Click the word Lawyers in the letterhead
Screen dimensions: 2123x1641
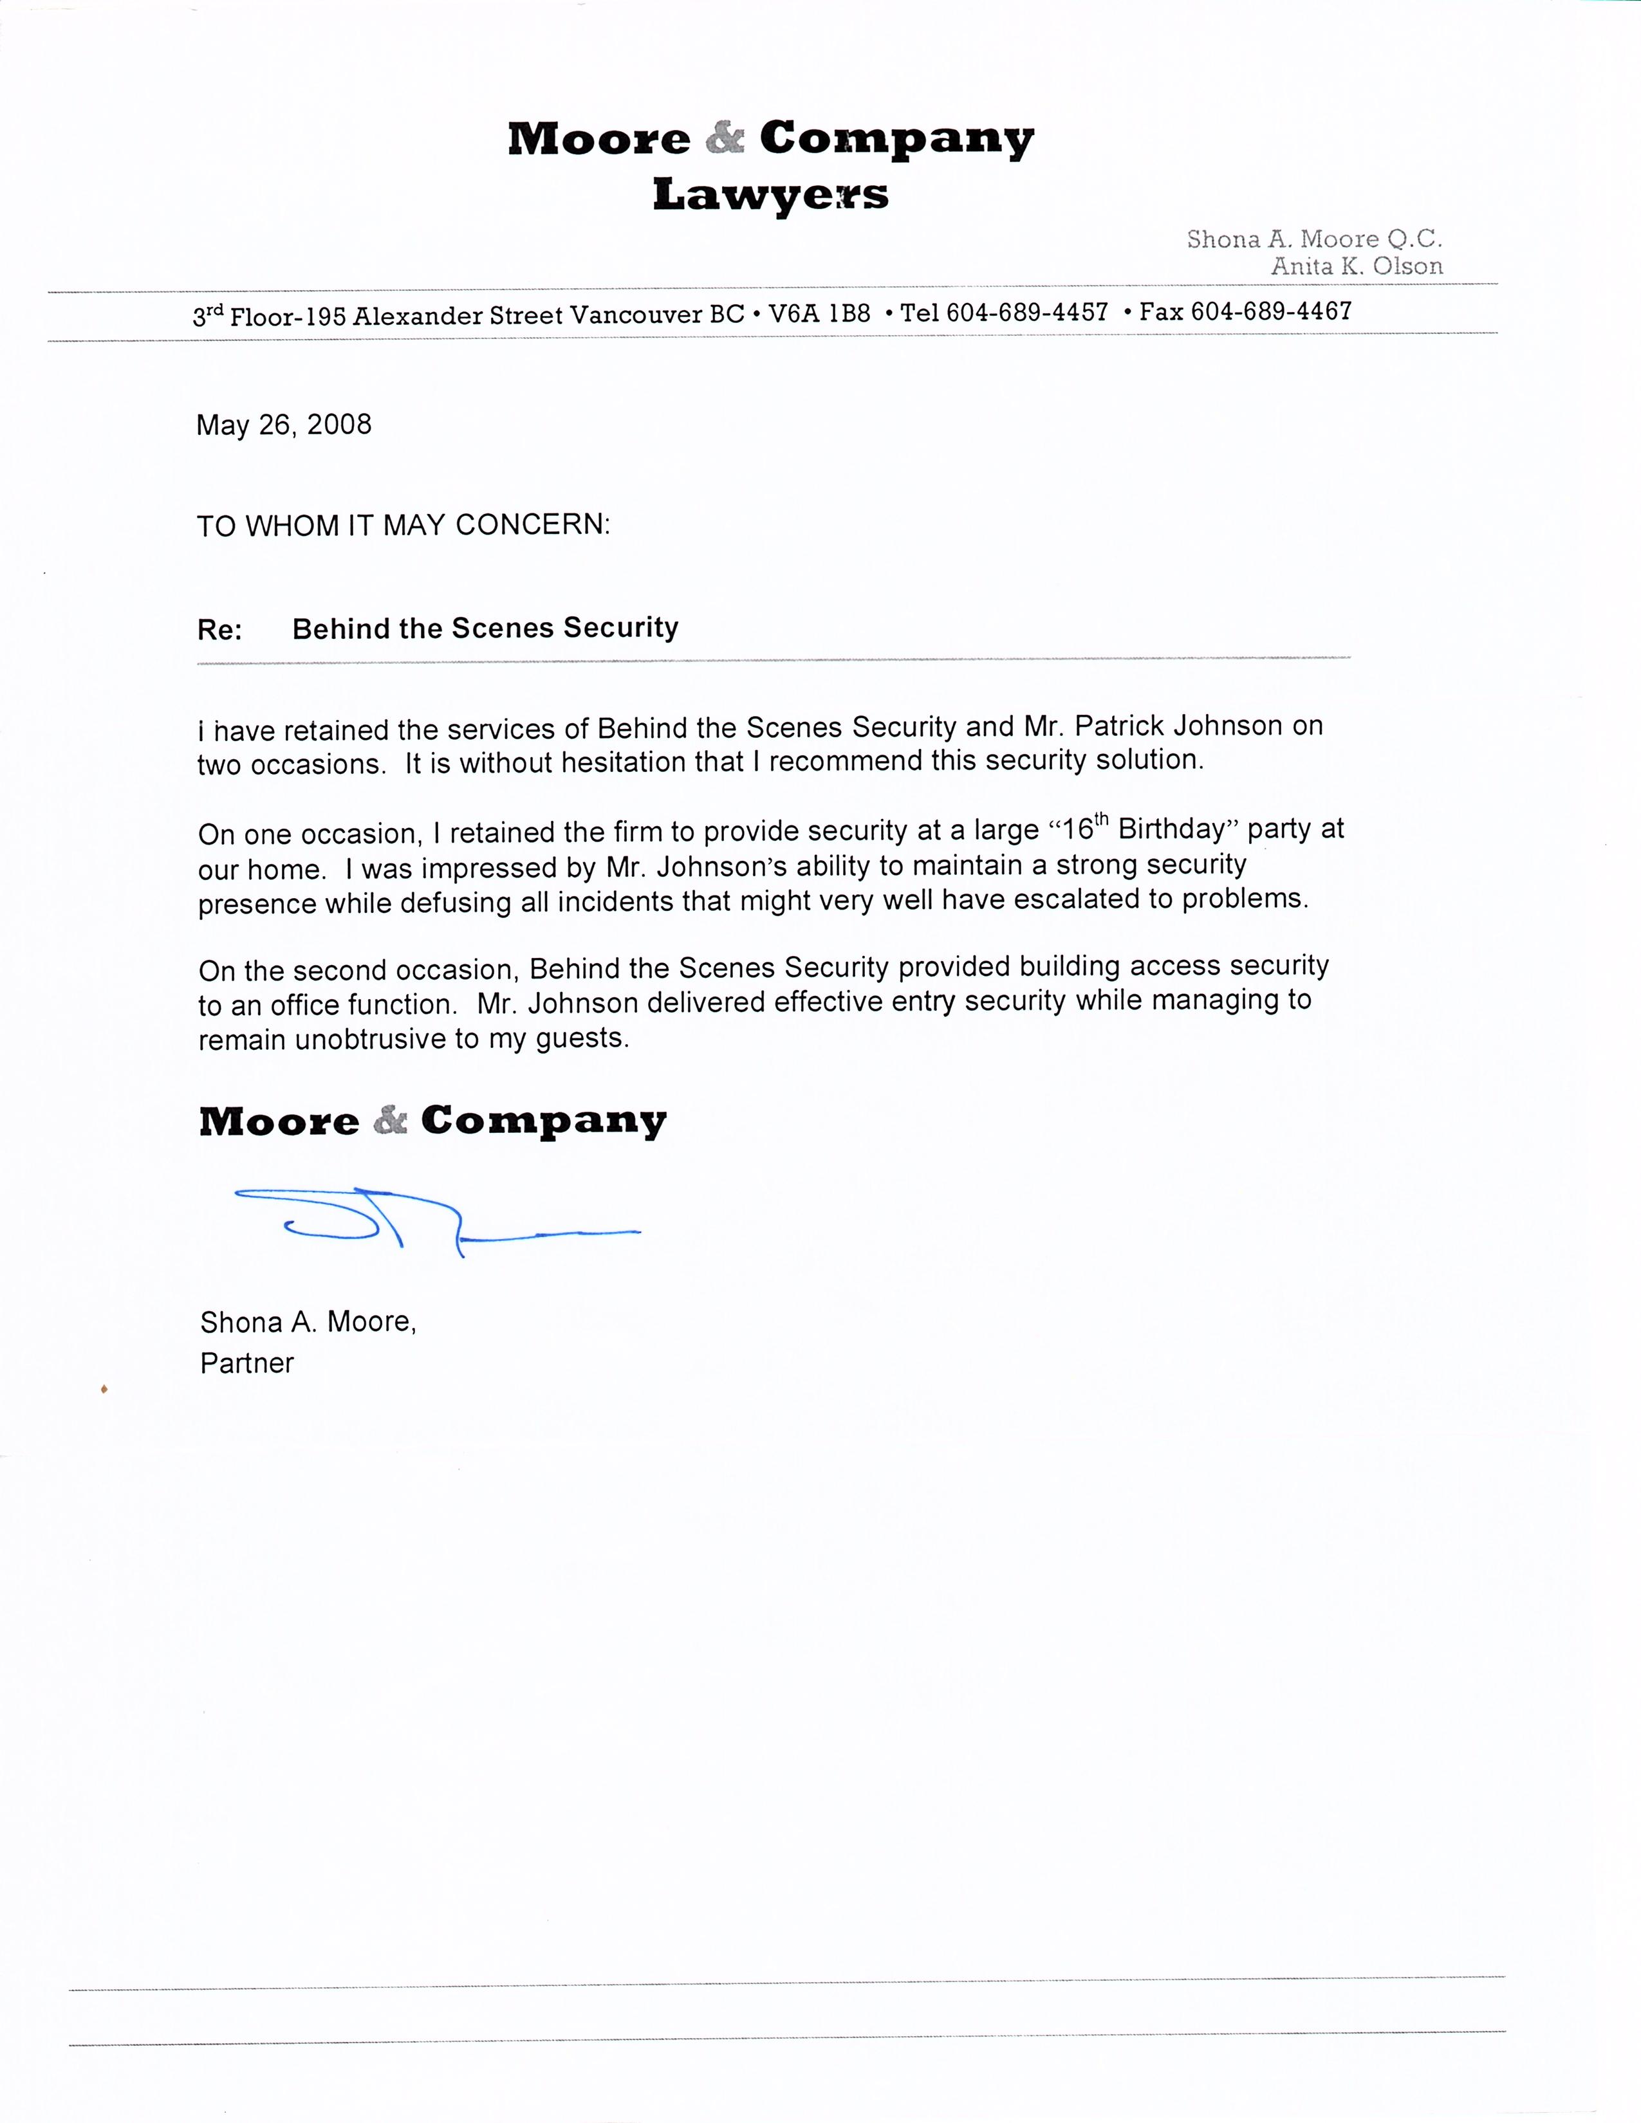(x=770, y=194)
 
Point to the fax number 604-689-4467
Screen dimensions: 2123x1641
(x=1270, y=312)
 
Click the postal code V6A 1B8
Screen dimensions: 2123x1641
(x=819, y=314)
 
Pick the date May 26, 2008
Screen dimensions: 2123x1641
(x=284, y=425)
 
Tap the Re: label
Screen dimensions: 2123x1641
(x=219, y=630)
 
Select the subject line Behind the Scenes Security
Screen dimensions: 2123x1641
(x=485, y=628)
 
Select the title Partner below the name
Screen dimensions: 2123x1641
(x=247, y=1363)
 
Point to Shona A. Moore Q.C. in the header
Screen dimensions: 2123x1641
(x=1314, y=239)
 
